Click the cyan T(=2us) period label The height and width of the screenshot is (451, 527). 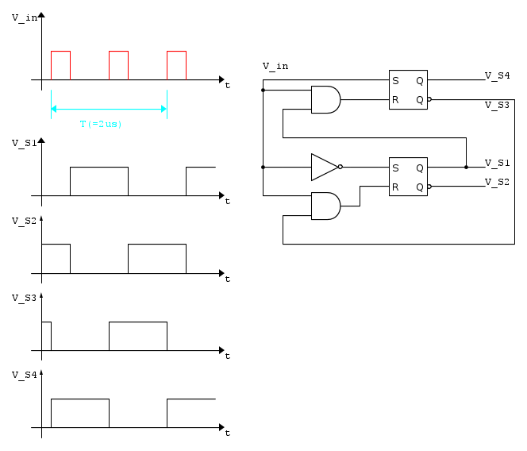pyautogui.click(x=101, y=124)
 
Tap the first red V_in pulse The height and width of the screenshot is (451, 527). pyautogui.click(x=60, y=52)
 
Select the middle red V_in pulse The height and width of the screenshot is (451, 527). pyautogui.click(x=118, y=52)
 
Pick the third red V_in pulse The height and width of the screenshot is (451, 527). pyautogui.click(x=176, y=52)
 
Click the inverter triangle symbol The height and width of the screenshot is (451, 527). pyautogui.click(x=325, y=168)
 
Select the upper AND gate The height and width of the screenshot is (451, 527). pyautogui.click(x=325, y=99)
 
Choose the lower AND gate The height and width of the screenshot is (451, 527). pyautogui.click(x=325, y=206)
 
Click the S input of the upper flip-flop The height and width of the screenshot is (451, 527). pyautogui.click(x=395, y=81)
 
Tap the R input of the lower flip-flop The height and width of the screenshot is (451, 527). pyautogui.click(x=395, y=187)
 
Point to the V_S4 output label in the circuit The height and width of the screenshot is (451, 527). pyautogui.click(x=497, y=75)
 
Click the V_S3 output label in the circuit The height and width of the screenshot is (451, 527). pyautogui.click(x=497, y=106)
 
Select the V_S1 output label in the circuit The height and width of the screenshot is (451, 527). pyautogui.click(x=497, y=163)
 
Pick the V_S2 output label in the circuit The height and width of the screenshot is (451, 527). pyautogui.click(x=497, y=183)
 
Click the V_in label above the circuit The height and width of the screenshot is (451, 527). pyautogui.click(x=275, y=66)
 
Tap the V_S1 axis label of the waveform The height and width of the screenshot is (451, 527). pyautogui.click(x=24, y=143)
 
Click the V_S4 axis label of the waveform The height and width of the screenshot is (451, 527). pyautogui.click(x=24, y=375)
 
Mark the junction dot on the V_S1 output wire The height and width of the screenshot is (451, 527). pyautogui.click(x=466, y=168)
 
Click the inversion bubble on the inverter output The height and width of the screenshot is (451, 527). pyautogui.click(x=340, y=167)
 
